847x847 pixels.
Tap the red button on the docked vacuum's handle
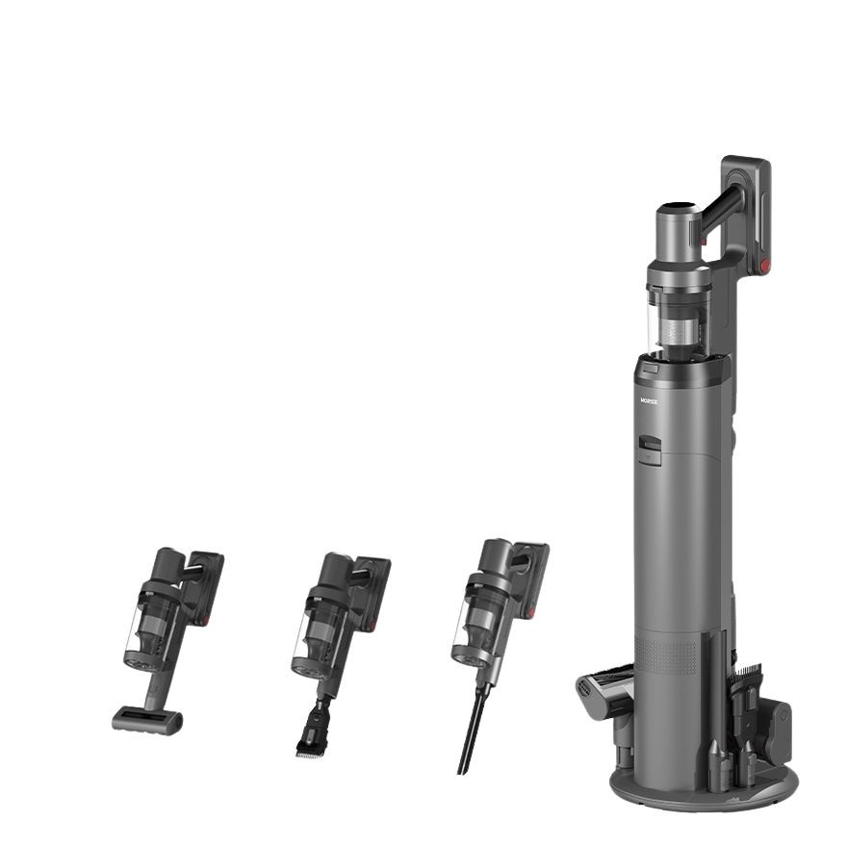pyautogui.click(x=764, y=266)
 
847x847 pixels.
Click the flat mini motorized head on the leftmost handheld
pyautogui.click(x=147, y=719)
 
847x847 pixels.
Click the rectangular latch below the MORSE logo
pyautogui.click(x=652, y=449)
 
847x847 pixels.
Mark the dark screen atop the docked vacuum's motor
pyautogui.click(x=677, y=208)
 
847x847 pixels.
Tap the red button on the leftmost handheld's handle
pyautogui.click(x=205, y=621)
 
